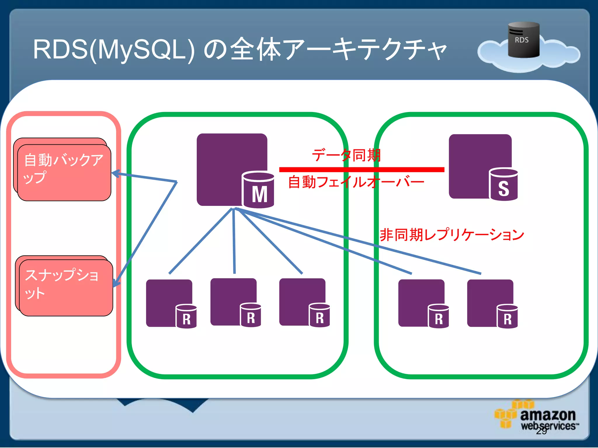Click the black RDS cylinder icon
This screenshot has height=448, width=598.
pos(524,40)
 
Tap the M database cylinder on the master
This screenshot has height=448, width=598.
pos(258,190)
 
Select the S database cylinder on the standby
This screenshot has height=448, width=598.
pos(503,185)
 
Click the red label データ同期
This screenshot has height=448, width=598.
pos(346,155)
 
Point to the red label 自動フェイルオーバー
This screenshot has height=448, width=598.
pos(356,182)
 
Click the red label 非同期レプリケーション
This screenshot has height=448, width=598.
pos(452,235)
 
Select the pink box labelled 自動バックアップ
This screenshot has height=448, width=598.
pos(64,172)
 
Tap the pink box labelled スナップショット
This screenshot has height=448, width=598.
pos(66,288)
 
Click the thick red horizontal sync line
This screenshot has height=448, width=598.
pos(361,169)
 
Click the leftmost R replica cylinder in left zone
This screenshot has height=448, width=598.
pos(186,316)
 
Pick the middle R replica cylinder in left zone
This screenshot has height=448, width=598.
pos(251,315)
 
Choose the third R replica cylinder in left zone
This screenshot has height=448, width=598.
pos(319,315)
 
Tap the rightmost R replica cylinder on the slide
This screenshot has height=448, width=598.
pos(507,316)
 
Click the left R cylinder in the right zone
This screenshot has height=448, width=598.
pos(438,316)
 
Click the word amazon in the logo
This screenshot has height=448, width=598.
pos(548,414)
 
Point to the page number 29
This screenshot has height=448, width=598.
pos(541,431)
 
